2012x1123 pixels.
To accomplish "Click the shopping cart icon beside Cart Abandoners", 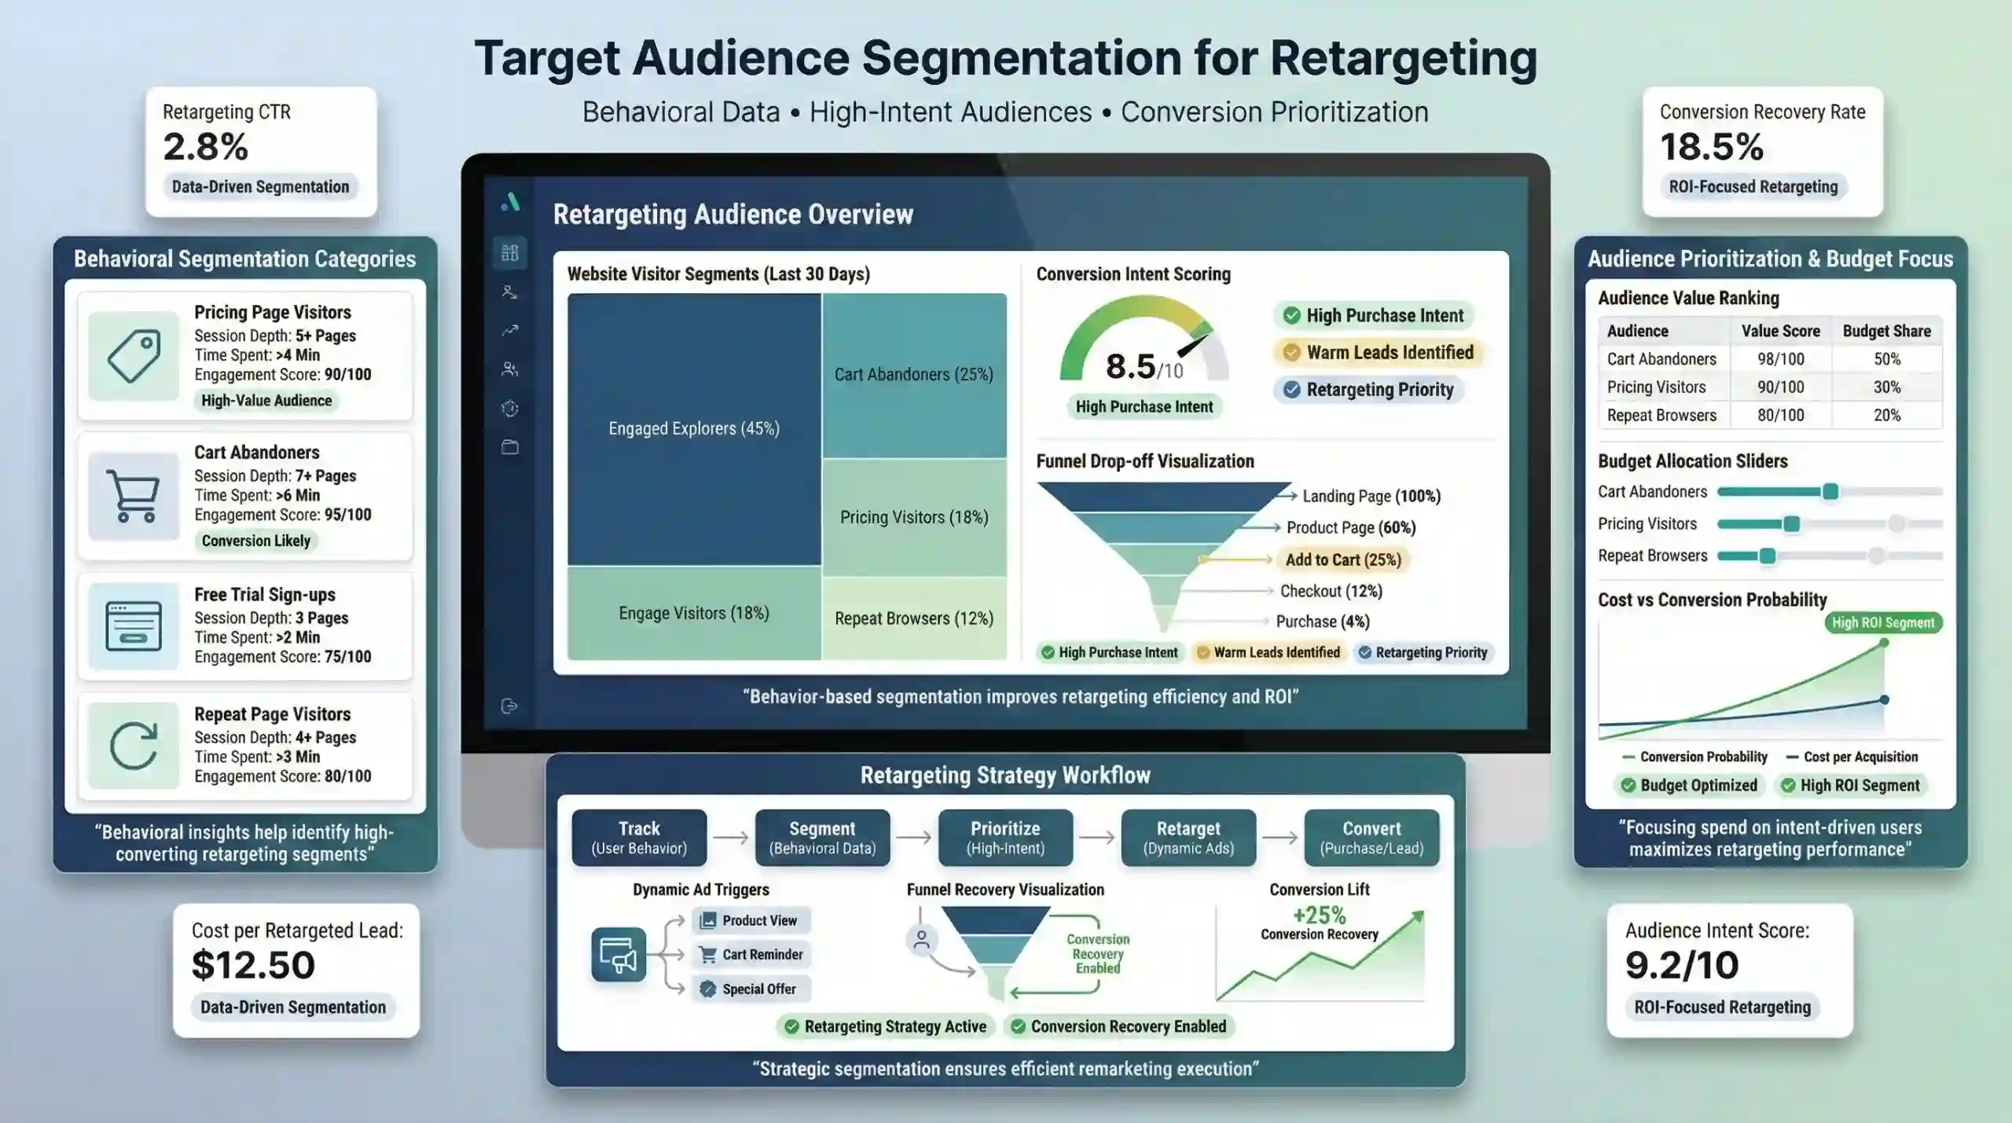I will tap(133, 496).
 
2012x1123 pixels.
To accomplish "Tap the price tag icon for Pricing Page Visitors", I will tap(133, 356).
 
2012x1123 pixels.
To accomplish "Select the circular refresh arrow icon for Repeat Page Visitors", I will tap(133, 745).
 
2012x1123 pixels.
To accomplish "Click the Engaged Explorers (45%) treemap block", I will tap(694, 429).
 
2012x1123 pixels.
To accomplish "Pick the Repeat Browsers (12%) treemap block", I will tap(913, 618).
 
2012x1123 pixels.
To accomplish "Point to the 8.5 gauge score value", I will tap(1130, 366).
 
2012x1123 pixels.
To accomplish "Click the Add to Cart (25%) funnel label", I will tap(1342, 560).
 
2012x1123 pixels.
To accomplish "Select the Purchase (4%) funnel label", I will tap(1322, 622).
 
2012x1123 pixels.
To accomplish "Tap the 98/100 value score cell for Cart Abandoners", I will tap(1780, 359).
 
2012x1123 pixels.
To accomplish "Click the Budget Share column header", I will tap(1886, 331).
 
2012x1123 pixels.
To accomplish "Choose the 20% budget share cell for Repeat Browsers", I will tap(1886, 415).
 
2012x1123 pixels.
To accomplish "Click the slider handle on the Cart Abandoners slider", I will tap(1830, 492).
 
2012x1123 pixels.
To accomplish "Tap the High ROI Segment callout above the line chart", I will tap(1882, 622).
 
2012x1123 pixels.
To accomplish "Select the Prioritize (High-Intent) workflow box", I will tap(1005, 838).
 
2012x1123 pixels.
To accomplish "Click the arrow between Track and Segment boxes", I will tap(731, 838).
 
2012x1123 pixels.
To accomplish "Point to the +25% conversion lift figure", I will tap(1319, 916).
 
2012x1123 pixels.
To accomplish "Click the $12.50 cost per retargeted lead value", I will tap(253, 965).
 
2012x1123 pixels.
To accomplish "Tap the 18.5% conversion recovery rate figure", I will tap(1712, 147).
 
